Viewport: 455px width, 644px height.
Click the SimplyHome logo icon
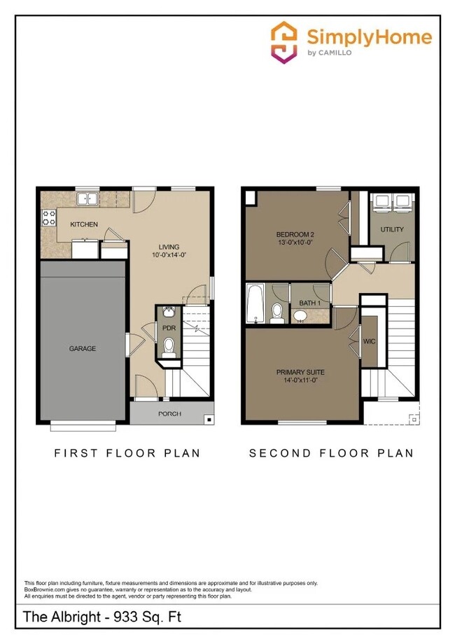[284, 43]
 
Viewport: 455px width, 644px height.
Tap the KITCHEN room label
[84, 224]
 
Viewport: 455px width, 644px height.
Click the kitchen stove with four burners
[49, 218]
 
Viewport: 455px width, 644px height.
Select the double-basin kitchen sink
[87, 200]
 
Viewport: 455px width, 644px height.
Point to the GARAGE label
[82, 348]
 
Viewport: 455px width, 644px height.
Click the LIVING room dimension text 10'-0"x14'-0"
[169, 256]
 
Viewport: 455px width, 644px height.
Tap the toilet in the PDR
[169, 345]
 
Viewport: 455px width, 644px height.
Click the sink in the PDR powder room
[169, 310]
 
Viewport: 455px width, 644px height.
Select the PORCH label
[169, 414]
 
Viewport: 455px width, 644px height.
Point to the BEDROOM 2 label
[294, 233]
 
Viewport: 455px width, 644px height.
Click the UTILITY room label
[392, 229]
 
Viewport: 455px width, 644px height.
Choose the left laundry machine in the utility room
[383, 201]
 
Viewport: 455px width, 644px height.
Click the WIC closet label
[369, 341]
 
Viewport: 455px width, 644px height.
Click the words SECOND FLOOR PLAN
[331, 453]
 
